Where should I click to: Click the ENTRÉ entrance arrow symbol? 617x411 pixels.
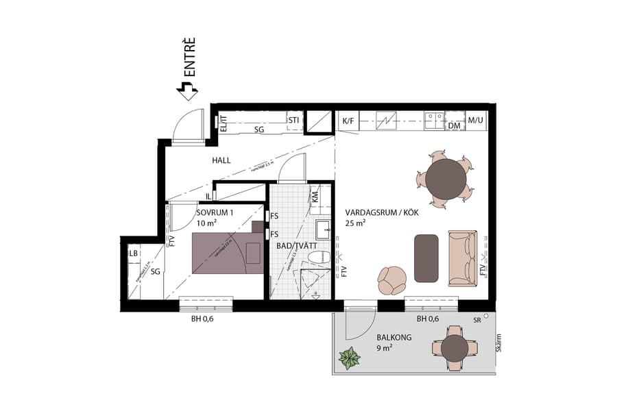(186, 89)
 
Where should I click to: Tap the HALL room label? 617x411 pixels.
(221, 160)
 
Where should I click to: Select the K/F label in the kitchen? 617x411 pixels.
(348, 122)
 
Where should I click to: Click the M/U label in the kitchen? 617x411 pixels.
(476, 122)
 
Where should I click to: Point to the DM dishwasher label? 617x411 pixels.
(453, 126)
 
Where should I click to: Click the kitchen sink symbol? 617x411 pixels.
(433, 121)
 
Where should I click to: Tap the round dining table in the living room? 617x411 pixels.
(446, 177)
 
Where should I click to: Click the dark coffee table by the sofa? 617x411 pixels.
(426, 258)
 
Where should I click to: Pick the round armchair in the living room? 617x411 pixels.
(392, 279)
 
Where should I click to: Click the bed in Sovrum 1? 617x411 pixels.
(228, 253)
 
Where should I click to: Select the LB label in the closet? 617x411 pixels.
(134, 253)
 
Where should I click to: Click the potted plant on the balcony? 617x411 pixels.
(350, 358)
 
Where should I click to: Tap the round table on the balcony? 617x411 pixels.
(455, 348)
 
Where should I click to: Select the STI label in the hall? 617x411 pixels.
(294, 121)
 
